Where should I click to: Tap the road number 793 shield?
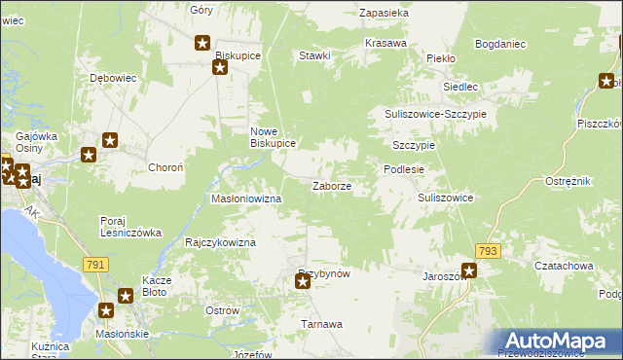tap(488, 251)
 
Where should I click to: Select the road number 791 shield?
tap(94, 265)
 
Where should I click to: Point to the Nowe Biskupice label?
tap(273, 137)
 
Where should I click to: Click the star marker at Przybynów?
tap(303, 282)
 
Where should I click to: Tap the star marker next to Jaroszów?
tap(469, 271)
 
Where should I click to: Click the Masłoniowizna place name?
tap(246, 198)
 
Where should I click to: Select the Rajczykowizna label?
tap(220, 241)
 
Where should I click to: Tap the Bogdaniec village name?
tap(500, 44)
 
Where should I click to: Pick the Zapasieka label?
tap(384, 14)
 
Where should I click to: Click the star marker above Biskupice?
tap(202, 43)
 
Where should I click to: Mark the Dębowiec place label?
tap(111, 77)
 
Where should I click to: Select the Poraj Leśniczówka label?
tap(129, 227)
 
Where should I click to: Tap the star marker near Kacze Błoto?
tap(126, 296)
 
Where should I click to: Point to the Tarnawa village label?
tap(321, 324)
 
